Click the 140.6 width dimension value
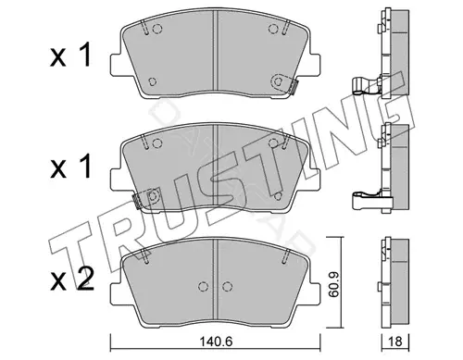tap(216, 341)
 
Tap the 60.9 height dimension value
tap(333, 284)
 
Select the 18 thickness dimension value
tap(395, 341)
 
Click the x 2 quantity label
tap(71, 279)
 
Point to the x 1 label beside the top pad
tap(70, 55)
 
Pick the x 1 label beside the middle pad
tap(70, 166)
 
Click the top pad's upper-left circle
tap(157, 29)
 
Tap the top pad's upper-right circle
tap(273, 29)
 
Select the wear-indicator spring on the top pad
tap(294, 86)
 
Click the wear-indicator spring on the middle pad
tap(136, 201)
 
